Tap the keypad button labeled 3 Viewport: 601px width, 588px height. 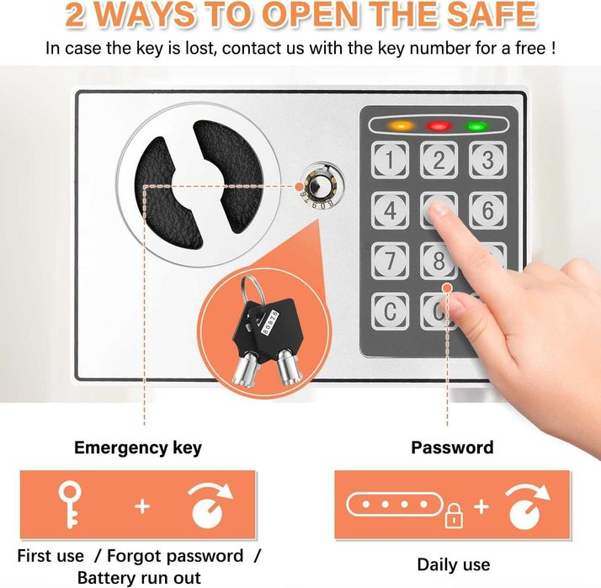point(487,159)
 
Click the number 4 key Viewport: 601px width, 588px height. point(390,210)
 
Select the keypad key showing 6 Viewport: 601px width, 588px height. point(487,210)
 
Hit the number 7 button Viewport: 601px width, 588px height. point(390,261)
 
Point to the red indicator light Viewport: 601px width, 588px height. point(439,125)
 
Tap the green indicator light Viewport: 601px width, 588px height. point(477,126)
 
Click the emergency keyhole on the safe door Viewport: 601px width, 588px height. point(322,184)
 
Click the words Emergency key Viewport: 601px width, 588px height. point(138,448)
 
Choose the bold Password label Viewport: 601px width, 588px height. point(452,447)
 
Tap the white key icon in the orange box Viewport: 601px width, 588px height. point(70,505)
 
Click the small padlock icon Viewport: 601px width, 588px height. point(454,516)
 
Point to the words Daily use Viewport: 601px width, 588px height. point(454,564)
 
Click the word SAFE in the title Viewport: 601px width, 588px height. point(492,14)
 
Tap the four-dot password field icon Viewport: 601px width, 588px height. point(395,504)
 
